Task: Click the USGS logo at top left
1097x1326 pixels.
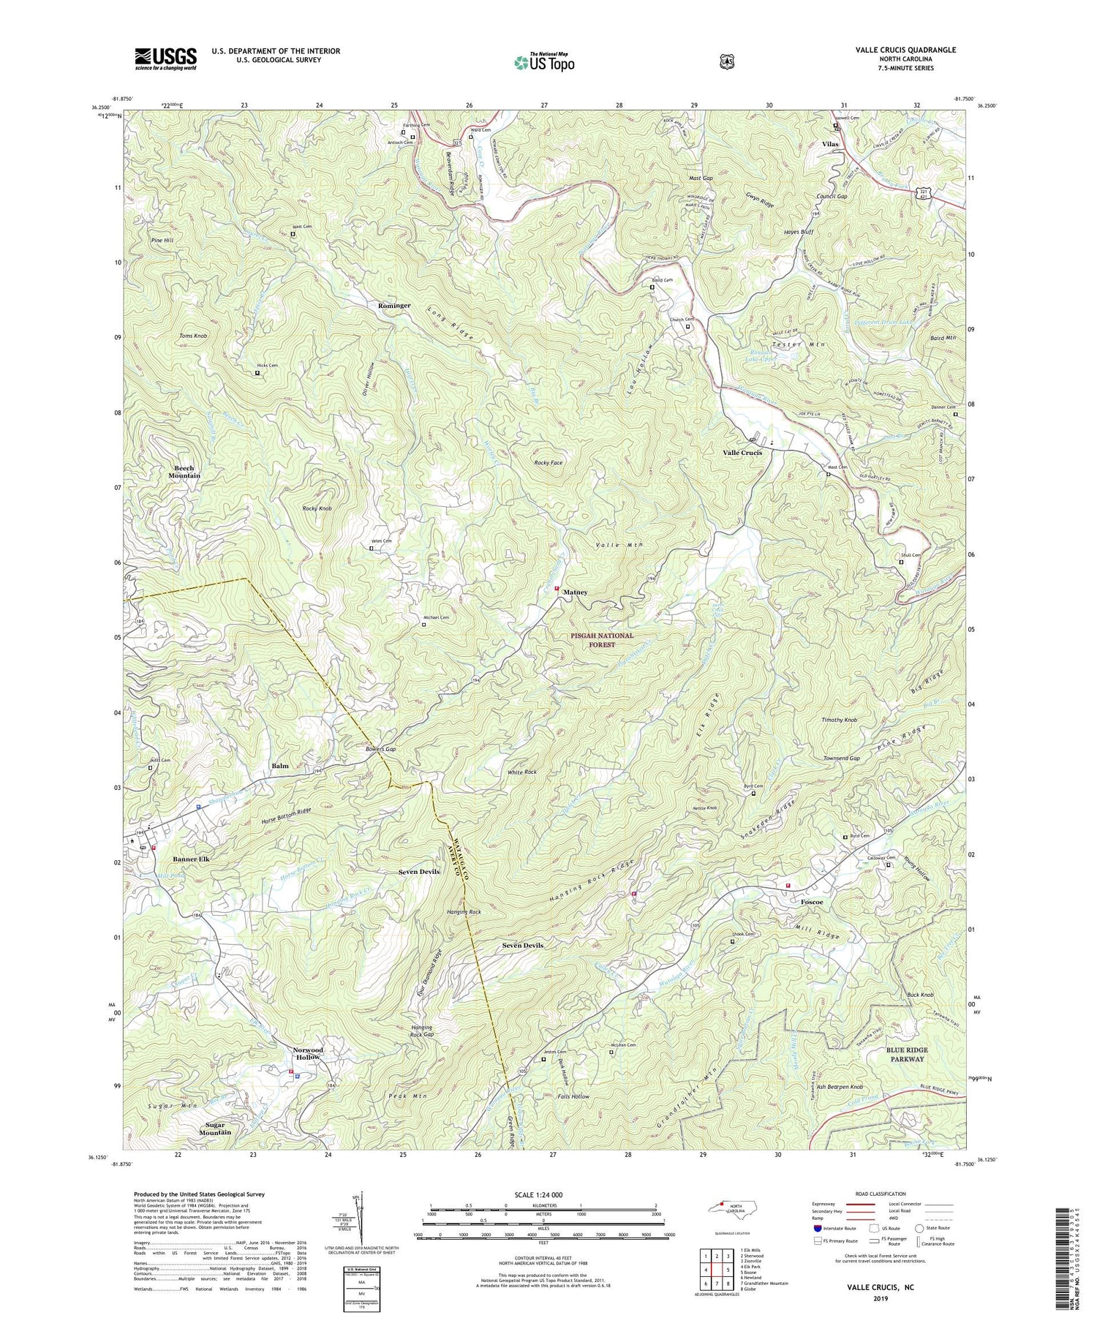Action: tap(165, 58)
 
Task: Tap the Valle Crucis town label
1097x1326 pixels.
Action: tap(742, 453)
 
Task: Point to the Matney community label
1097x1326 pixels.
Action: tap(575, 592)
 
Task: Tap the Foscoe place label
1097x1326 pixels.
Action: tap(811, 903)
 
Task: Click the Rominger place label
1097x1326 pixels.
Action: tap(394, 305)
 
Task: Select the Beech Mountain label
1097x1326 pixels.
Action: tap(184, 472)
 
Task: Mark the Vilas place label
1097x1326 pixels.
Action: tap(830, 144)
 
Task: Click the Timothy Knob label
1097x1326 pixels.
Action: tap(839, 720)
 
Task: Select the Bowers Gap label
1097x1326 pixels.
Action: tap(381, 750)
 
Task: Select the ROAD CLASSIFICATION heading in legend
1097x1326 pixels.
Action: tap(876, 1194)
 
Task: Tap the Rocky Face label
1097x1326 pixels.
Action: tap(548, 463)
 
